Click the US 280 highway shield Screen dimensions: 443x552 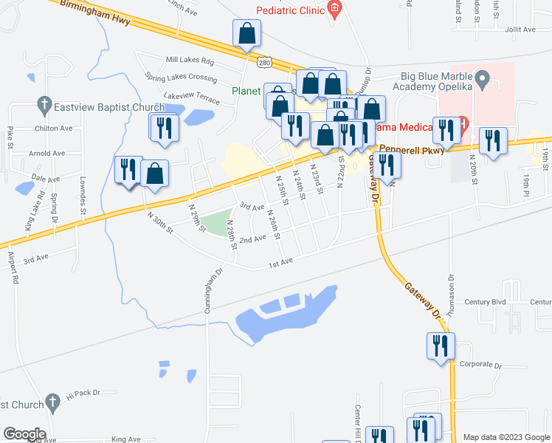pos(265,64)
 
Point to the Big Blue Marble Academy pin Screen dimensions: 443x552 pos(483,78)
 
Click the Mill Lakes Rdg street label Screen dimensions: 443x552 pos(189,60)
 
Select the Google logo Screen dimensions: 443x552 pos(24,434)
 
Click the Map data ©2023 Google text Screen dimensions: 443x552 pos(506,438)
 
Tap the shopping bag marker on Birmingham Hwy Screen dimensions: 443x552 pos(246,34)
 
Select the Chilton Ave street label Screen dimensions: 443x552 pos(54,128)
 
